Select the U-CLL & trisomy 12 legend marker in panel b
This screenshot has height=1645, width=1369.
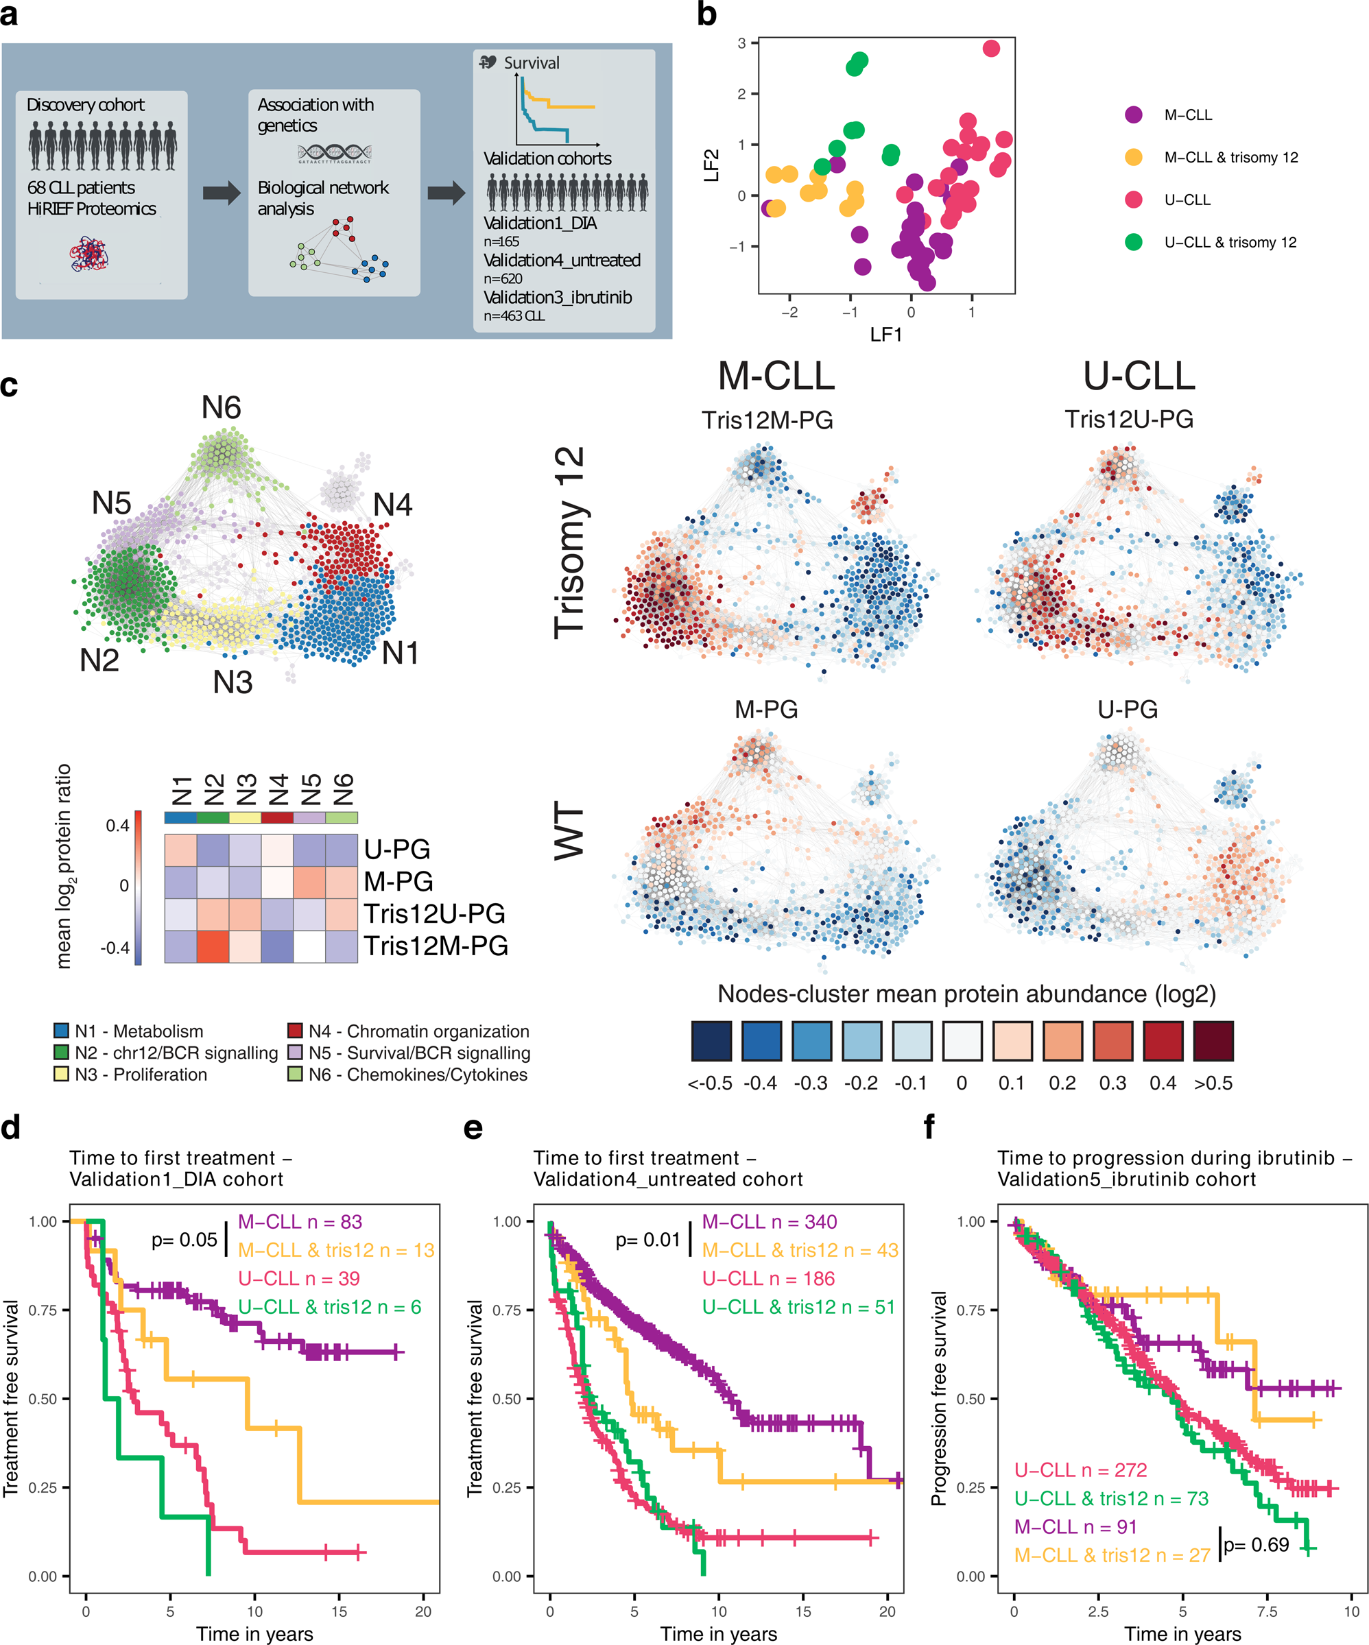pos(1133,242)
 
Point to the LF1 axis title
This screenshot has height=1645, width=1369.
pos(886,335)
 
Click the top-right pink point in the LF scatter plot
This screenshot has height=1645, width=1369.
pos(990,49)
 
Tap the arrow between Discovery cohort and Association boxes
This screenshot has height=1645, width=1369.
pos(222,193)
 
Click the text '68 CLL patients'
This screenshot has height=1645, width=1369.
pos(81,188)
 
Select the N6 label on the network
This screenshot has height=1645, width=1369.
pos(221,407)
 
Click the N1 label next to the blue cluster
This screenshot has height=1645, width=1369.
pos(400,653)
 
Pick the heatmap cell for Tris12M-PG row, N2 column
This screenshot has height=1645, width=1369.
pos(213,946)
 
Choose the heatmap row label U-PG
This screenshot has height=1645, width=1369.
pos(396,849)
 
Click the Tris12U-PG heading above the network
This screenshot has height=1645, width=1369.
pos(1128,419)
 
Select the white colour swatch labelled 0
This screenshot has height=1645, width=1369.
pos(962,1041)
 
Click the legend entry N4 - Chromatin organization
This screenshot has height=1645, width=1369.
pos(408,1032)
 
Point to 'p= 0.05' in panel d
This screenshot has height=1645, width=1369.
pos(184,1240)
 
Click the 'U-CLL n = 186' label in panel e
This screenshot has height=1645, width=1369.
pos(768,1278)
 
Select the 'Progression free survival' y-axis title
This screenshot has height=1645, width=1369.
pos(938,1398)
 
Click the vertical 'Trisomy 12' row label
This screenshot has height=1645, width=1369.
pos(570,542)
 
